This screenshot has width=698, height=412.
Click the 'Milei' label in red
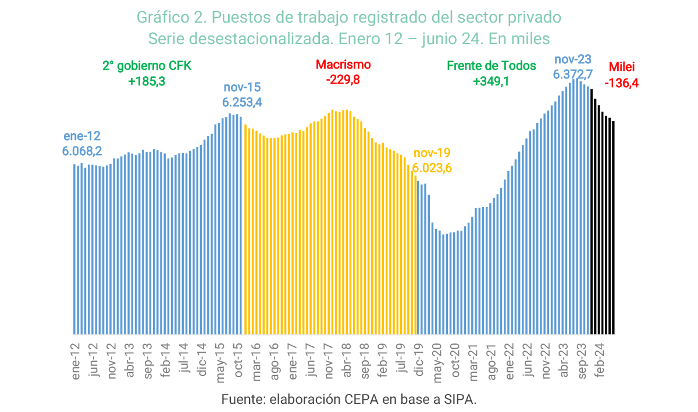pyautogui.click(x=622, y=67)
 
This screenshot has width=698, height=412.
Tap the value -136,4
pyautogui.click(x=622, y=83)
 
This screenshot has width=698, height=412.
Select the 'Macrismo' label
pyautogui.click(x=343, y=65)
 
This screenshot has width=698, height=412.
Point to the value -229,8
pyautogui.click(x=343, y=80)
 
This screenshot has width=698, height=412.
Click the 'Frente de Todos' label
pyautogui.click(x=492, y=66)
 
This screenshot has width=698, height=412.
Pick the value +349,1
pyautogui.click(x=492, y=81)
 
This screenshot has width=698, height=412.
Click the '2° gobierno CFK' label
pyautogui.click(x=147, y=66)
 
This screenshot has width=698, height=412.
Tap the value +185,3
pyautogui.click(x=147, y=81)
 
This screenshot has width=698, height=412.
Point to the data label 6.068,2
pyautogui.click(x=82, y=151)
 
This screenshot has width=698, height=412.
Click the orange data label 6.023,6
pyautogui.click(x=432, y=169)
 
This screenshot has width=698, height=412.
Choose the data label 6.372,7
pyautogui.click(x=572, y=74)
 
